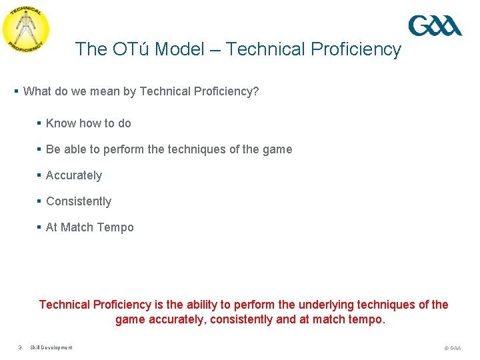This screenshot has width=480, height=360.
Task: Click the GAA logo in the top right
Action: [435, 26]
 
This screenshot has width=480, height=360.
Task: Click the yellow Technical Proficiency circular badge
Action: [26, 30]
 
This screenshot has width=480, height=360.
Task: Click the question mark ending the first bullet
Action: [256, 91]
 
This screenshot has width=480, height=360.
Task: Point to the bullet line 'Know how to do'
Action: [88, 123]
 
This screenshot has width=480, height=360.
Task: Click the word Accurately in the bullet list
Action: [74, 175]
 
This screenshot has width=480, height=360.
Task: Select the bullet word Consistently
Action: [79, 201]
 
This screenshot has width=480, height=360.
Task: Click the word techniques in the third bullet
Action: [195, 149]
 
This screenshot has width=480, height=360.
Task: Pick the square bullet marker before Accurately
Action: [39, 175]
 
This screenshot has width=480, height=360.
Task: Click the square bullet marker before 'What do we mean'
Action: [16, 91]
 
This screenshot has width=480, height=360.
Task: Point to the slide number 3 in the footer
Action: [21, 347]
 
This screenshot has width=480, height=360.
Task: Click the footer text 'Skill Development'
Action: [51, 347]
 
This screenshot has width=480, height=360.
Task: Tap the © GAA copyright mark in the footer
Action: [452, 348]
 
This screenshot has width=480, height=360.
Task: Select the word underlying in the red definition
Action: [322, 305]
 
